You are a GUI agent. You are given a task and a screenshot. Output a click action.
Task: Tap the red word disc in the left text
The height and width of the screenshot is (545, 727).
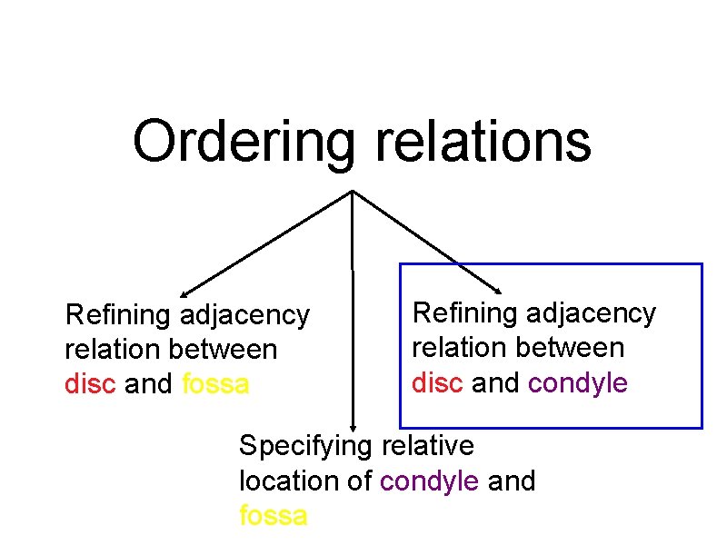coord(91,384)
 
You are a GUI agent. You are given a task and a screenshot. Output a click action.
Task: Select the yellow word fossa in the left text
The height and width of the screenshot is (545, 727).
coord(215,384)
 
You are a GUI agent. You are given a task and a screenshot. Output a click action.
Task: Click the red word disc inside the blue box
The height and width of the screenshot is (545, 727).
coord(438,382)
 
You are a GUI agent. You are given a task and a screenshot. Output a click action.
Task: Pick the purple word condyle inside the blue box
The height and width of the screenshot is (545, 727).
coord(578,383)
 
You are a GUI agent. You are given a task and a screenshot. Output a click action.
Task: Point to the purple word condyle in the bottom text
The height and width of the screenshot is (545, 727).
coord(429,481)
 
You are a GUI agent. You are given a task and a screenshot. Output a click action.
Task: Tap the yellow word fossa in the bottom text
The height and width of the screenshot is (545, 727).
coord(273,516)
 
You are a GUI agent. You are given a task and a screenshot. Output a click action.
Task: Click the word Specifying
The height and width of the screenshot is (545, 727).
coord(305,447)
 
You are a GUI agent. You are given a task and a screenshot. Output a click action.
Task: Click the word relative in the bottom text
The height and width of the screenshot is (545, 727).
coord(427,446)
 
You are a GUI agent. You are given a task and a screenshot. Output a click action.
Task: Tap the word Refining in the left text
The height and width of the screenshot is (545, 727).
coord(118,316)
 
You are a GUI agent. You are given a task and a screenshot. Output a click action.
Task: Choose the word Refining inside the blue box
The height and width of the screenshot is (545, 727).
coord(465,314)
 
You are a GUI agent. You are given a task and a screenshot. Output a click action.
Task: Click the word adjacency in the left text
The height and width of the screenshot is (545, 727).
coord(244,316)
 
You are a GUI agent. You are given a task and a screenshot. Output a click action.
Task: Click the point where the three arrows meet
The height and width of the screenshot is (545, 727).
coord(353,192)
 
